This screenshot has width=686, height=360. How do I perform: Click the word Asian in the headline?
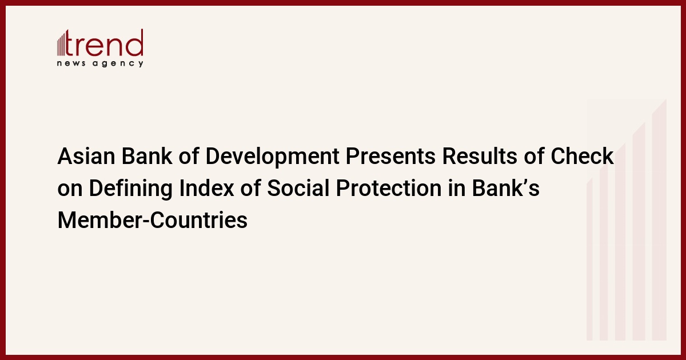pos(86,156)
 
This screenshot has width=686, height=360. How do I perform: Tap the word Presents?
pos(390,156)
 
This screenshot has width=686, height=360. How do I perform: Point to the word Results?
pos(480,156)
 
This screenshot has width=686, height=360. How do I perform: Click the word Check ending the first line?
pos(582,156)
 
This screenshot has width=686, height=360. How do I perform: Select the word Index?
pos(207,188)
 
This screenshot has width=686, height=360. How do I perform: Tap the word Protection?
pos(389,188)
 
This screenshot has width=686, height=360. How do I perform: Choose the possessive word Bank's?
pos(505,188)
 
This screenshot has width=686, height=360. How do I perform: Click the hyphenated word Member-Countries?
pos(153,220)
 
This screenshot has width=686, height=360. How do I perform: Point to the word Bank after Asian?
pos(147,156)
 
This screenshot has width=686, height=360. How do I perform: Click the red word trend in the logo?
pos(104,43)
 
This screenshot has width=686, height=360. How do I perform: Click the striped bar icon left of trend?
pos(61,44)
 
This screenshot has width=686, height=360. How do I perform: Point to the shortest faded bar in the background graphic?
pos(589,259)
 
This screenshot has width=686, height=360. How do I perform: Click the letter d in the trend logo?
pos(135,43)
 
